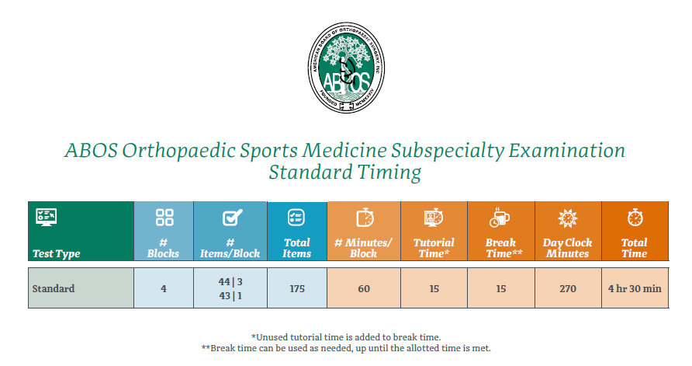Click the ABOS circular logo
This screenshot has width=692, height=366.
point(346,68)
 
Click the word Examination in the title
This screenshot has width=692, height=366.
point(566,151)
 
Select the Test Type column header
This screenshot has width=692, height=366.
point(57,254)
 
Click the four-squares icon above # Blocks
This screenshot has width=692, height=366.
point(164,218)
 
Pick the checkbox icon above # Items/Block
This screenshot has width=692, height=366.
point(232,218)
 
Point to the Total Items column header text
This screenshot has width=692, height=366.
point(296,248)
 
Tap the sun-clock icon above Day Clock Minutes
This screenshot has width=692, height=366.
point(568,218)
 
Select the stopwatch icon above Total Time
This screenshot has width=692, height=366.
point(635,218)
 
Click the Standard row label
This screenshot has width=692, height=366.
point(54,288)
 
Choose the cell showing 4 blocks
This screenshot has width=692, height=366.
point(164,288)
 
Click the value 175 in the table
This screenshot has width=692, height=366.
point(297,288)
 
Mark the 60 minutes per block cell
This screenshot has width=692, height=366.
point(364,288)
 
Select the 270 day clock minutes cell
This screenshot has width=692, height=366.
point(568,288)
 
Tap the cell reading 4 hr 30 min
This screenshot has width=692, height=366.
point(635,288)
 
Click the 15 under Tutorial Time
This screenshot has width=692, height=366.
point(434,288)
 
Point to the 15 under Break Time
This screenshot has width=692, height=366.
point(501,288)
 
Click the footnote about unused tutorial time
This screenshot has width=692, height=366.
point(346,337)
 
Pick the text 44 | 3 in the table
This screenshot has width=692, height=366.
point(230,281)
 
